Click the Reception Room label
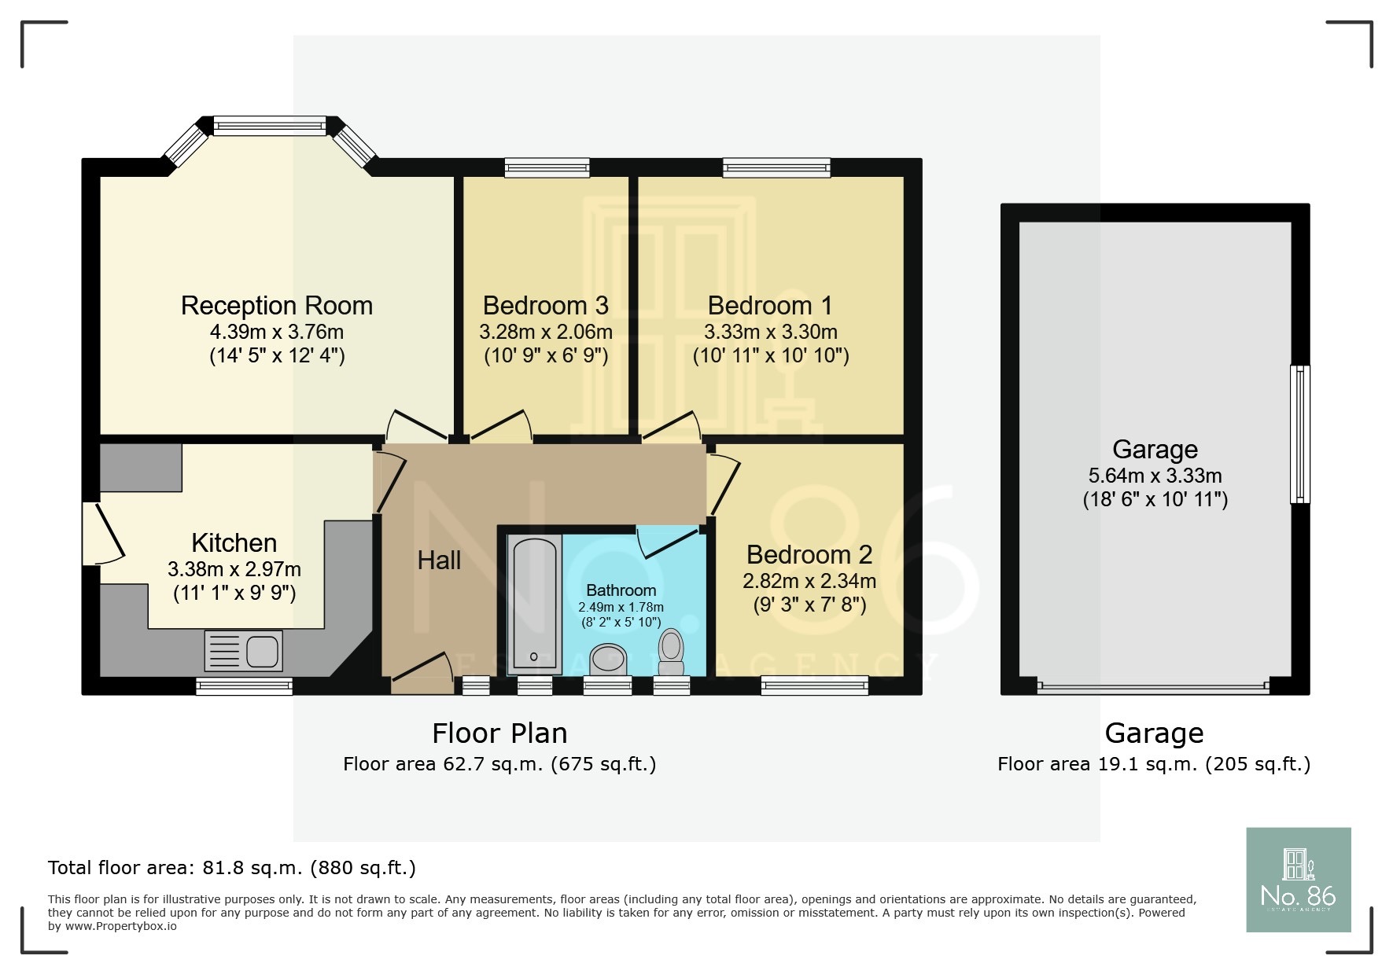276,305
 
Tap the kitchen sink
243,650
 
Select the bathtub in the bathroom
535,603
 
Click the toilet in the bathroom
671,652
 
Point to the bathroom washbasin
608,659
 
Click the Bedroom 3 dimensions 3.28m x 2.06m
545,332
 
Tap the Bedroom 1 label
769,305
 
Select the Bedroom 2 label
809,554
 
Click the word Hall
439,561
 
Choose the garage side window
1301,434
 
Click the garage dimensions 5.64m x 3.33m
1155,476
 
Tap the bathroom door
667,541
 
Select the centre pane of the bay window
269,125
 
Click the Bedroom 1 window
776,167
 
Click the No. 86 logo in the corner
1298,879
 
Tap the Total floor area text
231,868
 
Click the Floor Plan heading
499,733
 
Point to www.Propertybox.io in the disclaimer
120,926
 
